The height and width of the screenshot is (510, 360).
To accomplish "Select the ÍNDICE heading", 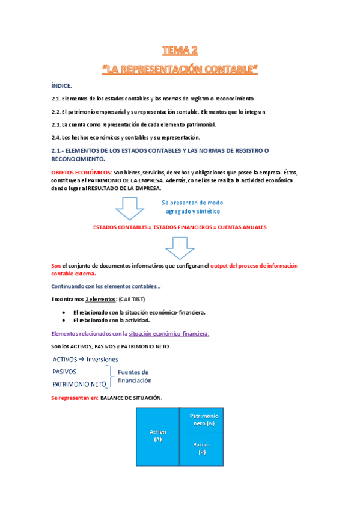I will (62, 86).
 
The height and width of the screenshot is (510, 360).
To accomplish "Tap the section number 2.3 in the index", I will (56, 124).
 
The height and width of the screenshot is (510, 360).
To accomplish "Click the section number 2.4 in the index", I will (56, 138).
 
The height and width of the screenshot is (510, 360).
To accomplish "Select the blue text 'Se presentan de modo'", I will (193, 203).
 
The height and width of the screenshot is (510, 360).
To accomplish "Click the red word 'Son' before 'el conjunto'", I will (56, 265).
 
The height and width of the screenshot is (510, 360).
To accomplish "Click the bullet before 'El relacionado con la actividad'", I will (64, 321).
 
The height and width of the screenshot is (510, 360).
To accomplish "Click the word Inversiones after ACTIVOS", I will (104, 359).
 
